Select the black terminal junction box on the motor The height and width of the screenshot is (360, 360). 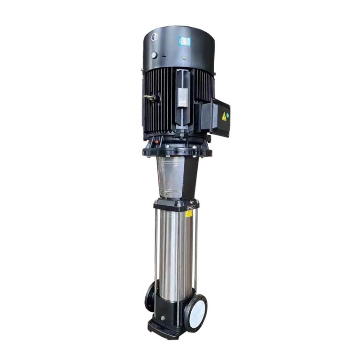coord(213,119)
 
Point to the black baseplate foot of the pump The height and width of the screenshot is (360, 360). coord(164,328)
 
